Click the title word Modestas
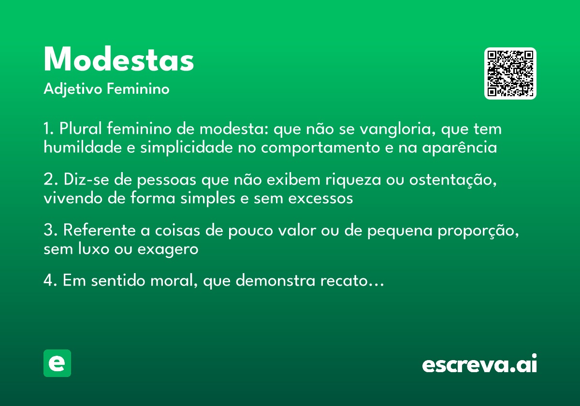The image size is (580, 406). pos(119,60)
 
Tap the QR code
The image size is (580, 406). pos(510,73)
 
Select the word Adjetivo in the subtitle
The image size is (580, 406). pos(73,89)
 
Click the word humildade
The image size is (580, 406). pos(82,147)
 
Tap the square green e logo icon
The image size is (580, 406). pos(57,363)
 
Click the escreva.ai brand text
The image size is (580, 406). pos(479,364)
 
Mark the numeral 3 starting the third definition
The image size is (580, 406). pos(48,231)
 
